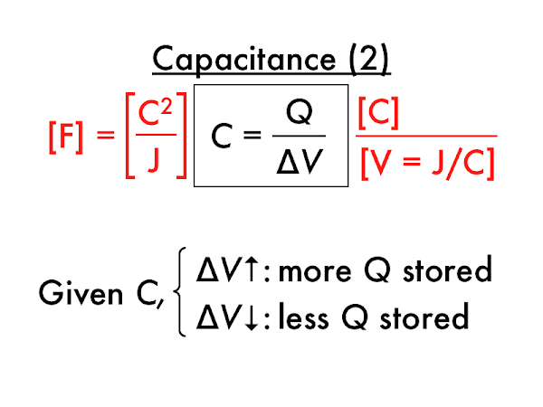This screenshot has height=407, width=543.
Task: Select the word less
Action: click(311, 317)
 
